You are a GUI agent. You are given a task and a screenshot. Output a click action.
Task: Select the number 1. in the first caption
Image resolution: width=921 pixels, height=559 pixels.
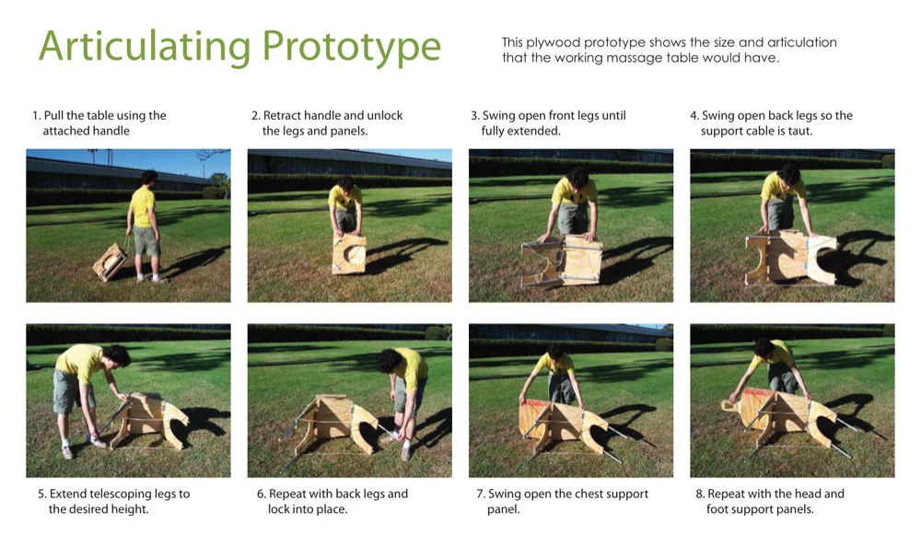(37, 116)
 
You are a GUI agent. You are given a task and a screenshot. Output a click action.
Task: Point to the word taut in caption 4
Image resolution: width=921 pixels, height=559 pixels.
(801, 131)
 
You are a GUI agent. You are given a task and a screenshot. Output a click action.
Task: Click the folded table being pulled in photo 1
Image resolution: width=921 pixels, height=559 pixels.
(110, 262)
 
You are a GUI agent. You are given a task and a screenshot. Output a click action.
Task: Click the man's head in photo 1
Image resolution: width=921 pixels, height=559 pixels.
(148, 177)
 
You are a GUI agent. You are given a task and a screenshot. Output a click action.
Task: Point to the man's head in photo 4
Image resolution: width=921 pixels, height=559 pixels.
(788, 174)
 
